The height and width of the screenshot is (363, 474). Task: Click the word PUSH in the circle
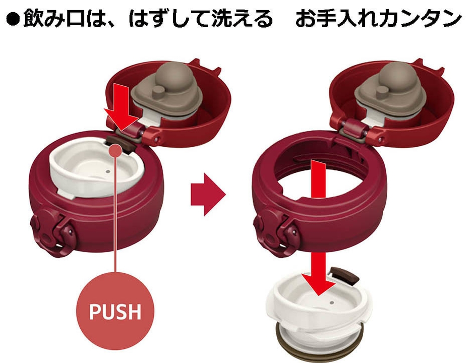click(115, 311)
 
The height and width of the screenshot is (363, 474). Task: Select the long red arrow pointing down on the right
click(316, 227)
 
